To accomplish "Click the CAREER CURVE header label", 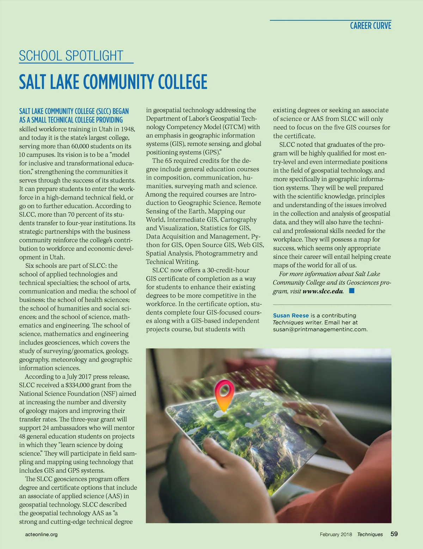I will [370, 26].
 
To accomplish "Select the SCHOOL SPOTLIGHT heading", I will [71, 56].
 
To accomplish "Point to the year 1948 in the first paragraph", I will [128, 129].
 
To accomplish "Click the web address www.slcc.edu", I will [323, 291].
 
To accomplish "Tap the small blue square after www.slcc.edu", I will [351, 291].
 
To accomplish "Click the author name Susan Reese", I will [291, 315].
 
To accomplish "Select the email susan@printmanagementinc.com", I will [320, 329].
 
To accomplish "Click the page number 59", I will [394, 534].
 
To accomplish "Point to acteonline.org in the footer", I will [41, 535].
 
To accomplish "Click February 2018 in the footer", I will [336, 535].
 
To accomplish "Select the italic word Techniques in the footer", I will [370, 535].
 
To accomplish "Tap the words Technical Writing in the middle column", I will [172, 262].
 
